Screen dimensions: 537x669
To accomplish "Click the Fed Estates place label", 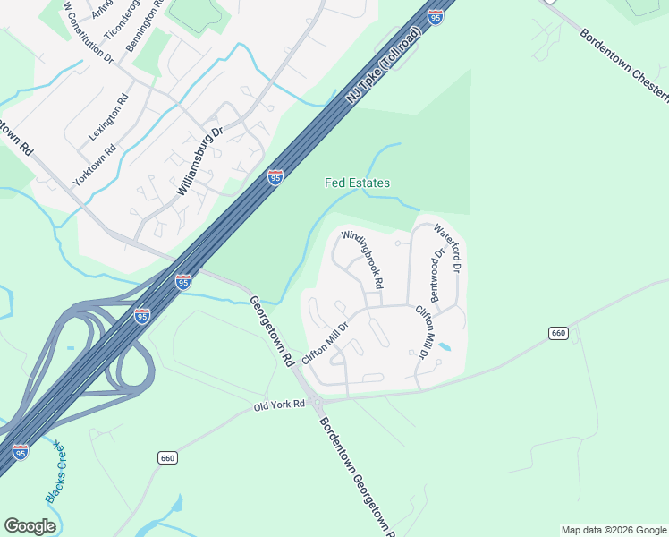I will pos(357,183).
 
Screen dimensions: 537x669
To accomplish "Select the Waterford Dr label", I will pos(447,248).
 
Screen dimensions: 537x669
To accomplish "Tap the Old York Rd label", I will pos(279,405).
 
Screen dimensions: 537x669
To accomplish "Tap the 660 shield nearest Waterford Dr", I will pos(558,333).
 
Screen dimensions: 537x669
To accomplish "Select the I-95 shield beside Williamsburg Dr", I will pos(275,177).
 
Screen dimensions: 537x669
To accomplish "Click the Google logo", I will pos(30,526).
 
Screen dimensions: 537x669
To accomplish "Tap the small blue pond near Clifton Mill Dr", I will pos(445,346).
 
